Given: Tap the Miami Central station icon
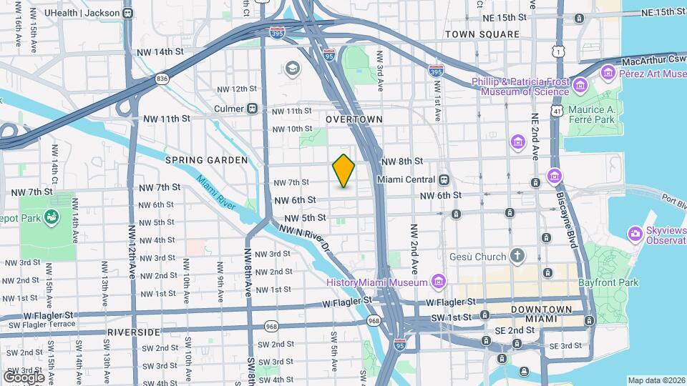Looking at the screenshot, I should [444, 179].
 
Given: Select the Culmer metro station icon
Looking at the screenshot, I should [252, 109].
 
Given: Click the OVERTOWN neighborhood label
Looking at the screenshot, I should [354, 119].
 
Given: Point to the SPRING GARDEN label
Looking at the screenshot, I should [206, 160].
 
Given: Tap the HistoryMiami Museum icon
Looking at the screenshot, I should [438, 279].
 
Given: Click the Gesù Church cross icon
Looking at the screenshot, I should [517, 256].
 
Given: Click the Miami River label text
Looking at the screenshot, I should [216, 192].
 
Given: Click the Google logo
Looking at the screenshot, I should [24, 377].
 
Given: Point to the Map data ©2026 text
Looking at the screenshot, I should [656, 380].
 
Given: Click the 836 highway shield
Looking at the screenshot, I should [163, 79].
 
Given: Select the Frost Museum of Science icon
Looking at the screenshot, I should [580, 86].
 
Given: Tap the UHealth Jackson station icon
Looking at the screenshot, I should [127, 13].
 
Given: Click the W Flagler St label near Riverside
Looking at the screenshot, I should [48, 315].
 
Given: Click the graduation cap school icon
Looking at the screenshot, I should [291, 68].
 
